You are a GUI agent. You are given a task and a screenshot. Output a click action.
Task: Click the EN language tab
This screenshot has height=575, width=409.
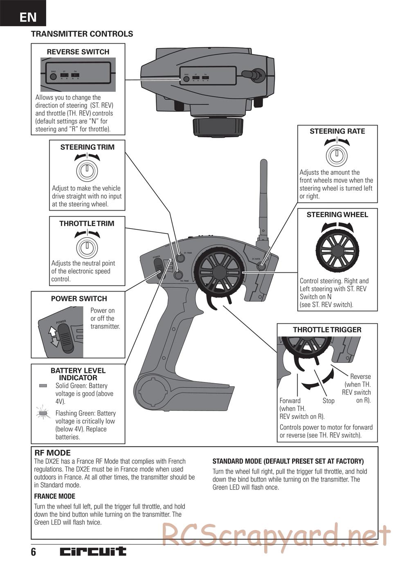point(28,17)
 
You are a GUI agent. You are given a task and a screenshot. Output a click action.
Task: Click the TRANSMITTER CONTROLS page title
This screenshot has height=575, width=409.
point(82,34)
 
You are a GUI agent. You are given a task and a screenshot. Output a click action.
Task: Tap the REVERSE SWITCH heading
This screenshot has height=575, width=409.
point(78,52)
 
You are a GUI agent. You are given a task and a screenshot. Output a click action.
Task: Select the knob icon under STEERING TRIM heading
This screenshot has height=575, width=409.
point(87,170)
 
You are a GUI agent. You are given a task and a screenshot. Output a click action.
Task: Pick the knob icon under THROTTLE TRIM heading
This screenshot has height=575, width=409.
point(87,247)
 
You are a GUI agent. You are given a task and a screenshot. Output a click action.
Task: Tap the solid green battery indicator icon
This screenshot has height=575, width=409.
point(43,386)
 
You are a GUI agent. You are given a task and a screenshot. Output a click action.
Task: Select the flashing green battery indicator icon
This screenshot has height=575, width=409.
point(43,414)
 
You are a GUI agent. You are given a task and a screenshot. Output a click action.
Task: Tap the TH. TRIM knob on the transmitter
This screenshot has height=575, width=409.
point(178,275)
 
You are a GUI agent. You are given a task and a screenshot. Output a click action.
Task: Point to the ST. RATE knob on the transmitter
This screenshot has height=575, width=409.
point(261,266)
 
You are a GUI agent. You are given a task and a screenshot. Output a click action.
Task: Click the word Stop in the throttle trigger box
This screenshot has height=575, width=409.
point(328,401)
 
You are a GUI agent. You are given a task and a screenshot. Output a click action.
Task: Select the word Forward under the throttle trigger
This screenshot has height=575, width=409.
point(290,401)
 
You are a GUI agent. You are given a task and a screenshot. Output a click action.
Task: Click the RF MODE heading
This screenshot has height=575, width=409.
point(52,453)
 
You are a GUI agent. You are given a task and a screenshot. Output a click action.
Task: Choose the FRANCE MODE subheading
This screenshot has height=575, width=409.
point(54,496)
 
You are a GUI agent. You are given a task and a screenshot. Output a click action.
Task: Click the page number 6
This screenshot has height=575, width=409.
point(34,552)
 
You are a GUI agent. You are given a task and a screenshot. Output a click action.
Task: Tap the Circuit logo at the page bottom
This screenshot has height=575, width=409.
point(93,551)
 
